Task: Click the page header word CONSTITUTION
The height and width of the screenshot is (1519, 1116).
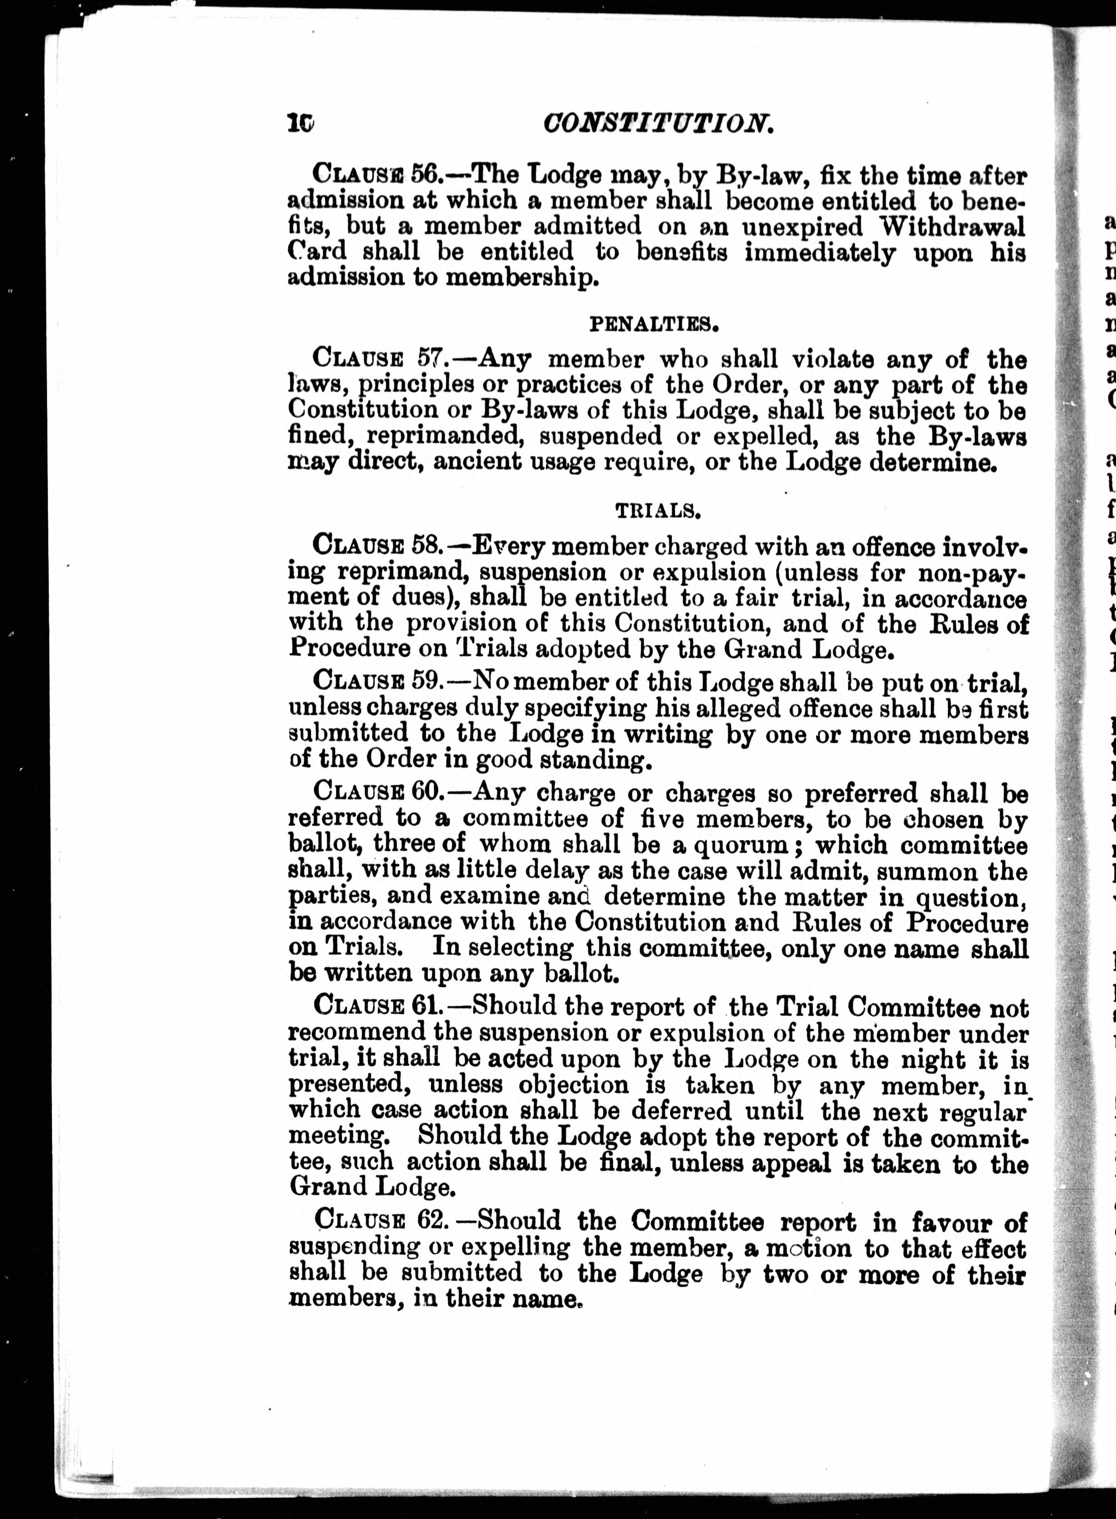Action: click(658, 124)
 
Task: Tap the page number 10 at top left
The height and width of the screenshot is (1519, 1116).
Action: click(299, 123)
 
